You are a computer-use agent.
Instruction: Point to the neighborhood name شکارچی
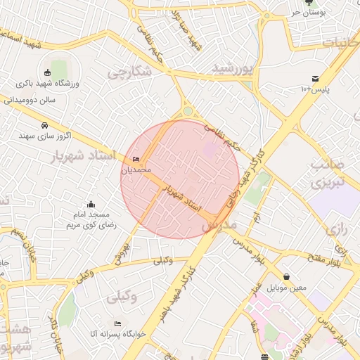click(x=130, y=72)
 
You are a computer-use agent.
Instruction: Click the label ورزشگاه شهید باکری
click(x=48, y=84)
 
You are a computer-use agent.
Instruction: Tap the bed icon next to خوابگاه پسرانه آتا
click(x=117, y=323)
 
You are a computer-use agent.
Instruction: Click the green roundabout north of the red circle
click(x=188, y=110)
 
